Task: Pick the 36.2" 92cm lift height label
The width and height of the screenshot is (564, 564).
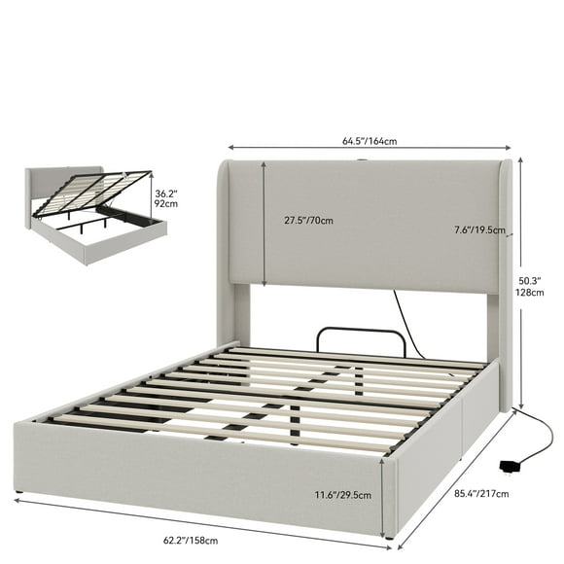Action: (x=165, y=199)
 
